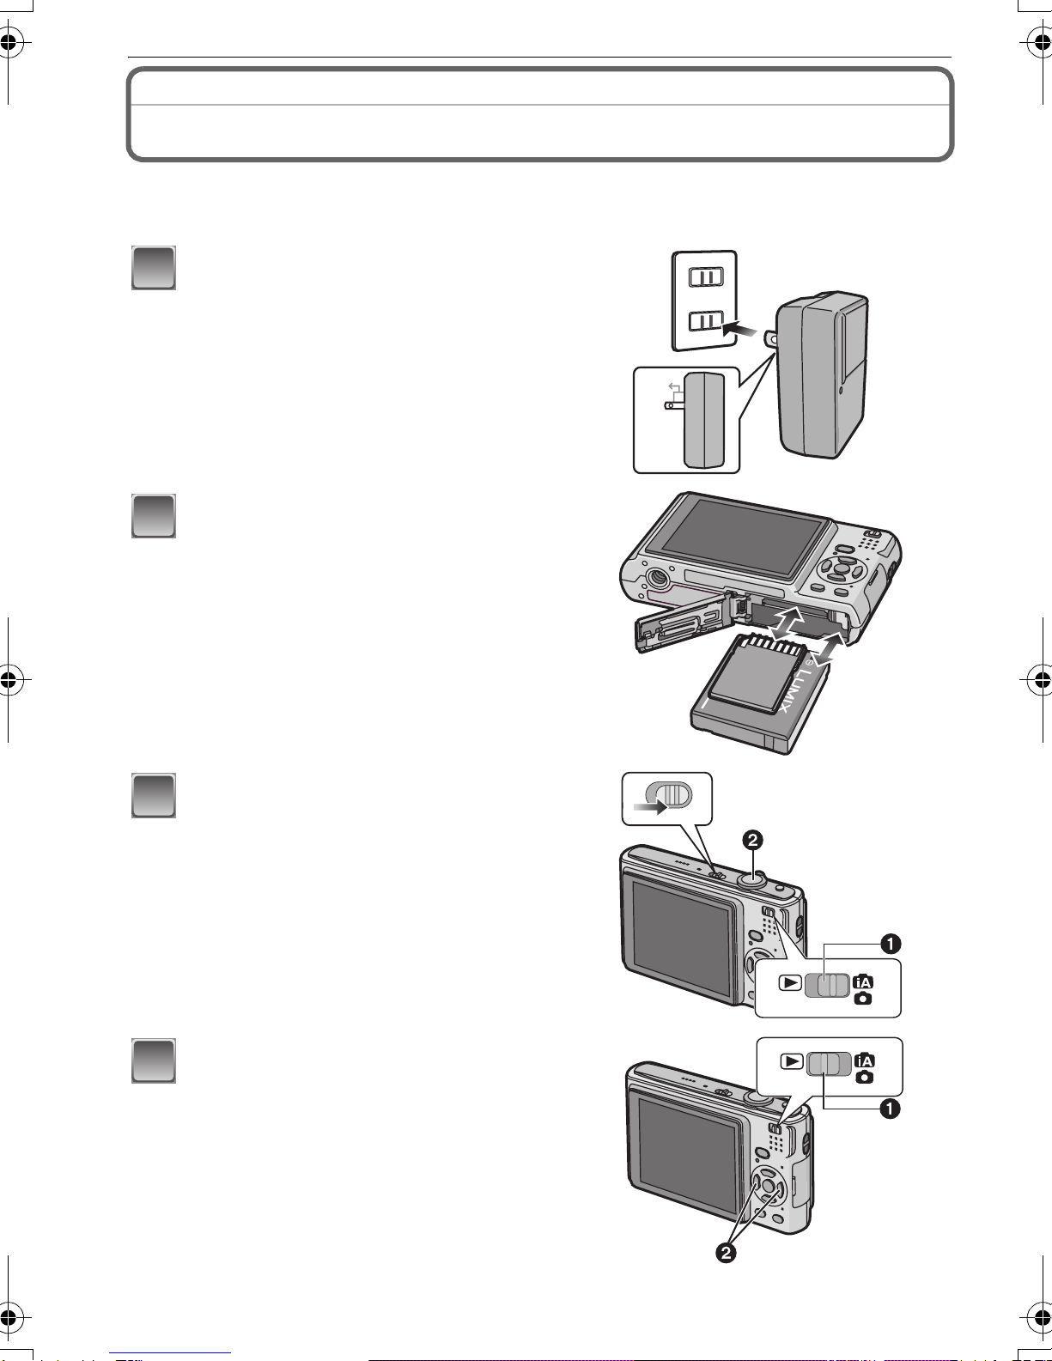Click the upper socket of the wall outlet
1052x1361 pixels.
pyautogui.click(x=706, y=276)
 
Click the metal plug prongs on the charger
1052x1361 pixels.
pyautogui.click(x=770, y=339)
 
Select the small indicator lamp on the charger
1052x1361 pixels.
pyautogui.click(x=841, y=390)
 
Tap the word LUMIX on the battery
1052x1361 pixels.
pyautogui.click(x=800, y=691)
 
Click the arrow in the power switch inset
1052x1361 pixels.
pyautogui.click(x=650, y=807)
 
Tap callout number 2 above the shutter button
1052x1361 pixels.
pyautogui.click(x=752, y=840)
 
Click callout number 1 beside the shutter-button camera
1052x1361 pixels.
pyautogui.click(x=891, y=943)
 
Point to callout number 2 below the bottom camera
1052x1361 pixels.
pyautogui.click(x=726, y=1253)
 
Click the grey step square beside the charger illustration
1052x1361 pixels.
pyautogui.click(x=154, y=268)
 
